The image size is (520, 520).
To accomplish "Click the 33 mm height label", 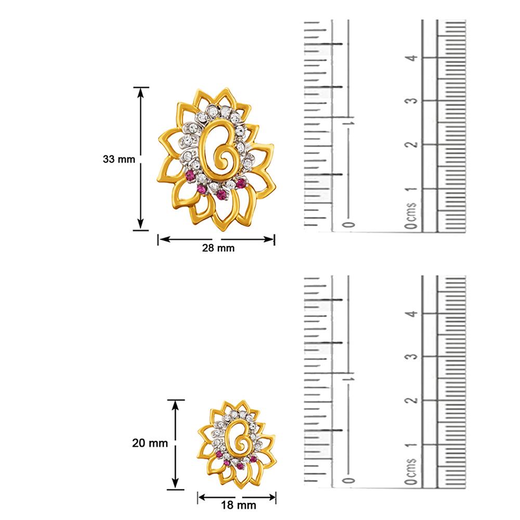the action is click(x=119, y=159).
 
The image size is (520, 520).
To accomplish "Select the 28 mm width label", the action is click(x=218, y=248).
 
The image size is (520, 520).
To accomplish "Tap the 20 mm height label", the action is click(x=150, y=443).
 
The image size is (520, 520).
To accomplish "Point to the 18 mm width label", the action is click(x=239, y=505).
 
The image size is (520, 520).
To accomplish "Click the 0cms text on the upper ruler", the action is click(x=411, y=216).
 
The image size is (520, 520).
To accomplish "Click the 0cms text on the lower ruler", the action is click(x=411, y=472).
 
